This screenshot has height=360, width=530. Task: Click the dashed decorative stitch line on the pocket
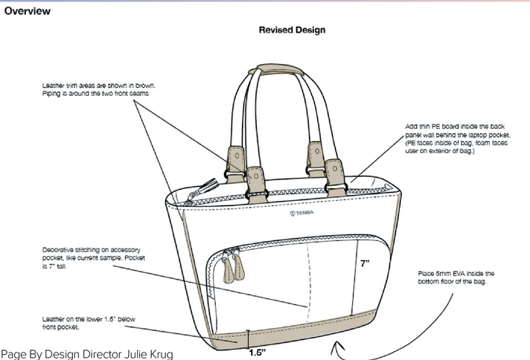click(307, 275)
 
